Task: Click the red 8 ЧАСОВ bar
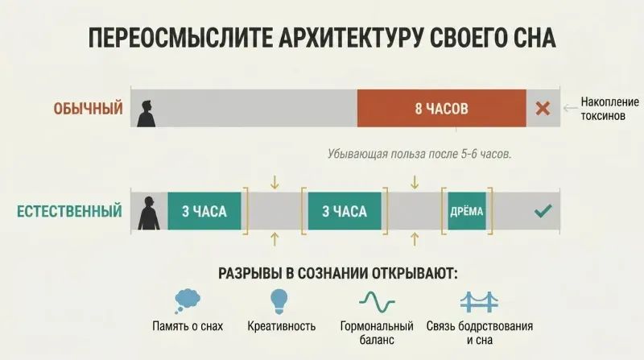441,108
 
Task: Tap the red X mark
543,109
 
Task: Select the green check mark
543,211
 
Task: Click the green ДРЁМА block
467,211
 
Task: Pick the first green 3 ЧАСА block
204,211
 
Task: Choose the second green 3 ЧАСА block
345,211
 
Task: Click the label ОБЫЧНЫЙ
89,109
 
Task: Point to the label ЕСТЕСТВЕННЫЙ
69,211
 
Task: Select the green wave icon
377,302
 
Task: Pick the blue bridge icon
479,302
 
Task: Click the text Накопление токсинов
609,109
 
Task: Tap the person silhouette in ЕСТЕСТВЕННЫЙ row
148,213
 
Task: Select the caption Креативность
281,326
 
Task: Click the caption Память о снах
188,326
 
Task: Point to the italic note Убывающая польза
419,154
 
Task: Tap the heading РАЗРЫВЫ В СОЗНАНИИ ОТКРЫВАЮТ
337,273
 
